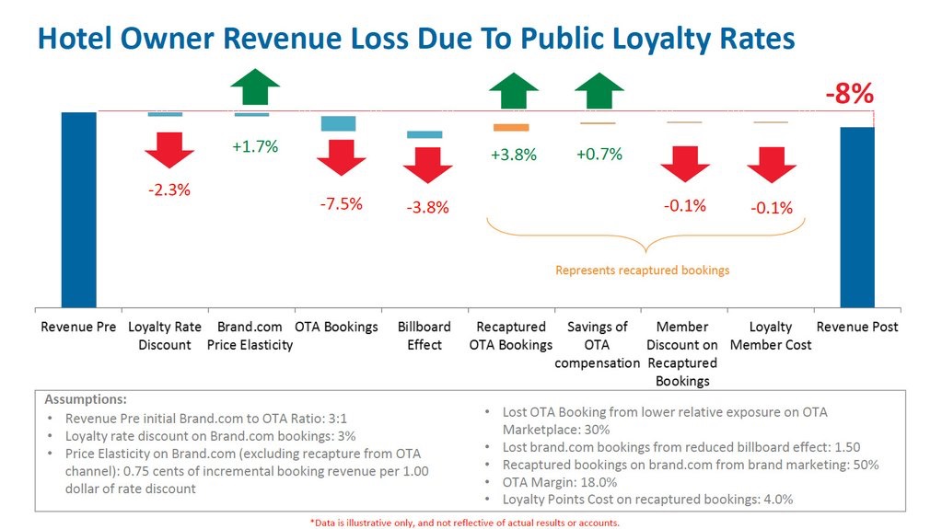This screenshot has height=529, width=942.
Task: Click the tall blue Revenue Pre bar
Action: [x=78, y=209]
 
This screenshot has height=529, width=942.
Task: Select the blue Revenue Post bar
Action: [x=857, y=216]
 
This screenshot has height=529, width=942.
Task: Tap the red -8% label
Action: [x=848, y=95]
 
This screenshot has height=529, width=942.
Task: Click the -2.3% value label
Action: [x=169, y=190]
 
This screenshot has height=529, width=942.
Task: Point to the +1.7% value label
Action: [x=255, y=146]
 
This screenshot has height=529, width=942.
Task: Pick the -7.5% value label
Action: [x=341, y=204]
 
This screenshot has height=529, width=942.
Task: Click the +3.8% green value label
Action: [x=514, y=155]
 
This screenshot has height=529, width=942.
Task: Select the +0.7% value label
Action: [x=599, y=154]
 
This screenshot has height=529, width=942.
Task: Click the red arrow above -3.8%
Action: [x=427, y=164]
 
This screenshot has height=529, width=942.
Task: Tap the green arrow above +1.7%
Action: [x=255, y=87]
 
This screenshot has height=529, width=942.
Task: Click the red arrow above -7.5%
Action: [x=341, y=158]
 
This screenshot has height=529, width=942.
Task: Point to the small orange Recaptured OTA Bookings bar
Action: [x=511, y=127]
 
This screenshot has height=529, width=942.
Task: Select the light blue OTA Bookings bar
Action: [x=338, y=123]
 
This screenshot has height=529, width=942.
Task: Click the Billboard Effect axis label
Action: [x=424, y=336]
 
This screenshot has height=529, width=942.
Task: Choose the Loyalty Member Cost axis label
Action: [x=770, y=336]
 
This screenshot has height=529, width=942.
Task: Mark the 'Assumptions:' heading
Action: [x=86, y=400]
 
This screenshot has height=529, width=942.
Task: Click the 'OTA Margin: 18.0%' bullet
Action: [x=565, y=482]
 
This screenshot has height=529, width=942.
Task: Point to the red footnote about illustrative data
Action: [x=464, y=523]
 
